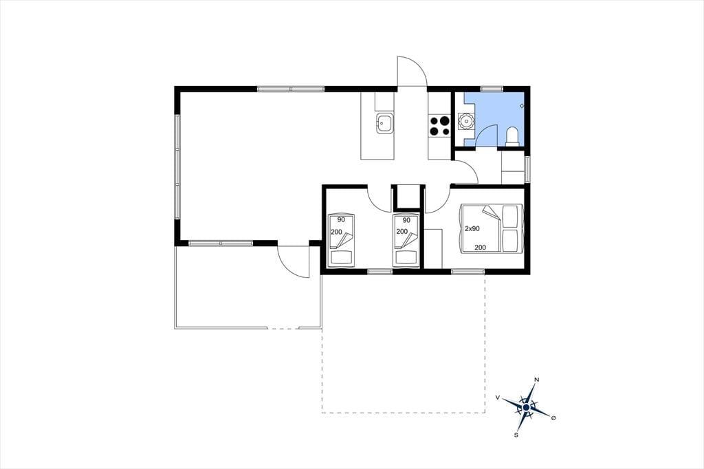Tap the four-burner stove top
439,126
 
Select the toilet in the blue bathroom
512,137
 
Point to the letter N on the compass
536,380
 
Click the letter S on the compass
516,435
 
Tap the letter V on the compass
498,397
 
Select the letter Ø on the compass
553,418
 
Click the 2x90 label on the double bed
472,229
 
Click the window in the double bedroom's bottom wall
467,272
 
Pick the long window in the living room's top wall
291,89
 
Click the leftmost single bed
341,240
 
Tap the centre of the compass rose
526,407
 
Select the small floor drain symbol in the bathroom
522,106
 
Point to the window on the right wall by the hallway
527,169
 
